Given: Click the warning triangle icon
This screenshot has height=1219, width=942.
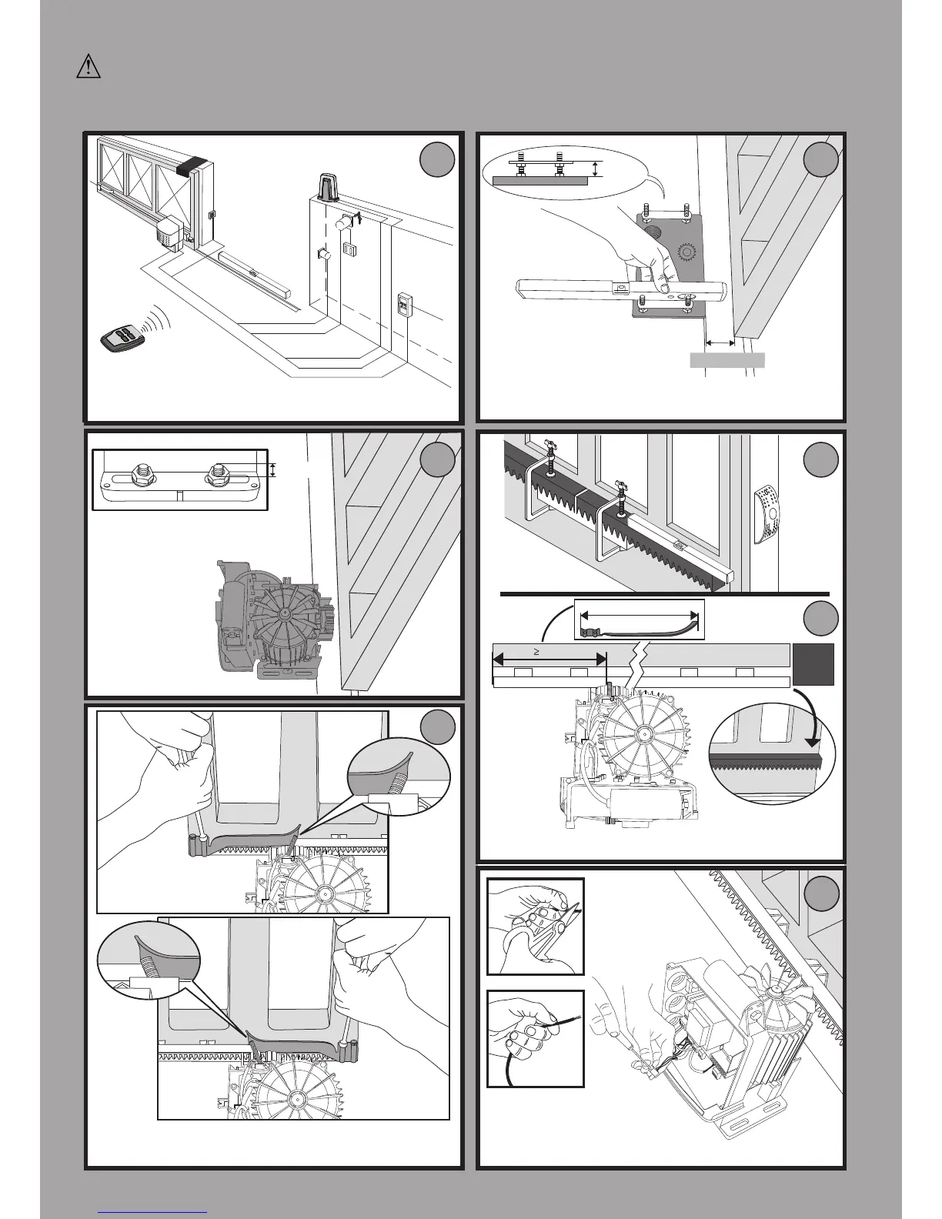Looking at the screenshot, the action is click(89, 67).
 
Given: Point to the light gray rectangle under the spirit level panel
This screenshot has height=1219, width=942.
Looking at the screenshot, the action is click(727, 359).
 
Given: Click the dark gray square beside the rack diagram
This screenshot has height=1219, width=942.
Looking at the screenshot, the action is click(814, 664).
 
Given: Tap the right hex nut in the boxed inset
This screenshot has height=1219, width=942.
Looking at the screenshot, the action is click(216, 477).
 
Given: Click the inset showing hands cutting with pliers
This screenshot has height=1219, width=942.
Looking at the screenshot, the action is click(535, 926).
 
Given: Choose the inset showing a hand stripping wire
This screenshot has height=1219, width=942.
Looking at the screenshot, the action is click(535, 1039).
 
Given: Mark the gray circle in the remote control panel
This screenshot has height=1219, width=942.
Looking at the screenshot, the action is click(436, 160).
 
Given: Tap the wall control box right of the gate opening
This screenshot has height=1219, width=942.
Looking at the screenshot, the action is click(406, 306).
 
